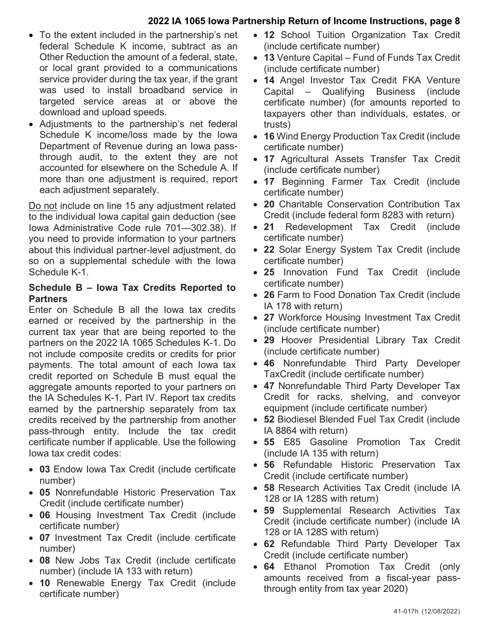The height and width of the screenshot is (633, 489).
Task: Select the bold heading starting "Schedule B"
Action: tap(132, 293)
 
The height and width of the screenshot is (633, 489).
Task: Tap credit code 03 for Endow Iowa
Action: tap(45, 469)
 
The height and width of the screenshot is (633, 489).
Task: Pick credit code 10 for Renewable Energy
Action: tap(45, 583)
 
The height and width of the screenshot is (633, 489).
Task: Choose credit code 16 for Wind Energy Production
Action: tap(269, 136)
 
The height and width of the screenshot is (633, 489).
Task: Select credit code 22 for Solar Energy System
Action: tap(269, 250)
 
